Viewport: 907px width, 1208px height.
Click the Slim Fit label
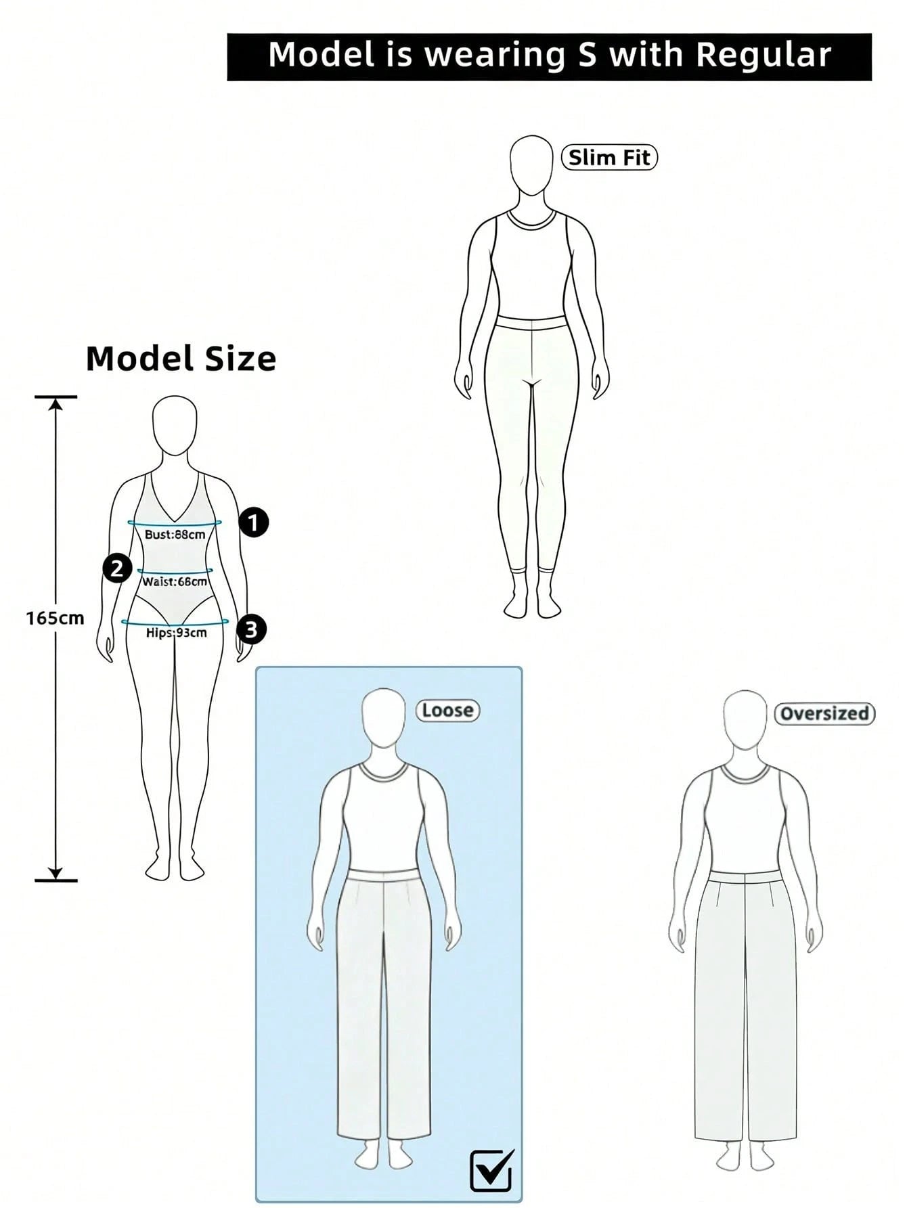[x=609, y=158]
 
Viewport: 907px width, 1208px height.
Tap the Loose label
[x=447, y=711]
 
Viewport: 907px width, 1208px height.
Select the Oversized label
[x=824, y=713]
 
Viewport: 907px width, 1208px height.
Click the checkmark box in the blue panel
[x=491, y=1169]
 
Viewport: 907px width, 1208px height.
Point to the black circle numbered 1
[x=254, y=522]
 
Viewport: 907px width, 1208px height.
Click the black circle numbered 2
[x=117, y=568]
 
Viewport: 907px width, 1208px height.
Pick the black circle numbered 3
[x=251, y=629]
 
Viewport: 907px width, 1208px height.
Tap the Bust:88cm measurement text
[x=175, y=535]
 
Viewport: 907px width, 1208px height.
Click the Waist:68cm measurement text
[x=175, y=581]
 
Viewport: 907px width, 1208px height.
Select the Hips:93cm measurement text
[x=177, y=633]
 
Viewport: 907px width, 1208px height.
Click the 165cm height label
[x=56, y=618]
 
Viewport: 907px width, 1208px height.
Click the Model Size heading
[x=181, y=359]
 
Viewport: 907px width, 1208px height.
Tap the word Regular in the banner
[x=764, y=55]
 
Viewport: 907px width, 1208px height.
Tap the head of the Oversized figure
[x=745, y=719]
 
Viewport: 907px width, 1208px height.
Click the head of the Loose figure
[x=384, y=718]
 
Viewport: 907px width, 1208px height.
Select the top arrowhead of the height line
[x=56, y=403]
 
